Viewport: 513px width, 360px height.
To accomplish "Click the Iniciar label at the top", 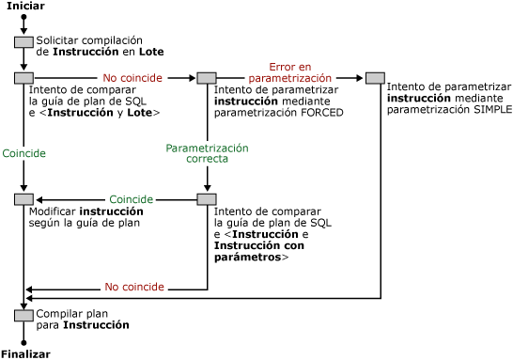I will [x=25, y=7].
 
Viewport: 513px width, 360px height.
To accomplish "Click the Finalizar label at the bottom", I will [x=25, y=353].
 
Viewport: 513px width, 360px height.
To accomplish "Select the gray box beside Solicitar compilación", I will [x=23, y=42].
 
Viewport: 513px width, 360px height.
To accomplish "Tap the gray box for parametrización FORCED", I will [x=207, y=78].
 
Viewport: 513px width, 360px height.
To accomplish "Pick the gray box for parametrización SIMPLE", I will [x=376, y=78].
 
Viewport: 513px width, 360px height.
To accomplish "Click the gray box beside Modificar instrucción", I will [x=23, y=199].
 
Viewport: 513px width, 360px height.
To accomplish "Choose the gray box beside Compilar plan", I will [x=23, y=315].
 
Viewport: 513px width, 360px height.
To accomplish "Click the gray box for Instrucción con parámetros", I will [x=207, y=199].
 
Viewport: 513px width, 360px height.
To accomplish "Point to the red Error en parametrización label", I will [x=288, y=72].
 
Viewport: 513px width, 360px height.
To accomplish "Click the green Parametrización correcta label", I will [x=207, y=153].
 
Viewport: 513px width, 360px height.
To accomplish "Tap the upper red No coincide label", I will [x=132, y=77].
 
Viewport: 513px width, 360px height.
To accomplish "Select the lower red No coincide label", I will [x=134, y=287].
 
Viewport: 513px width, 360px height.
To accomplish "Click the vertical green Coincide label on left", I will [x=23, y=152].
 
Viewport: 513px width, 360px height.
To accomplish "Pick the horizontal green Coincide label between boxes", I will [x=132, y=199].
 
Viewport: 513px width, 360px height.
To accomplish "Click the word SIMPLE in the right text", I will [x=490, y=109].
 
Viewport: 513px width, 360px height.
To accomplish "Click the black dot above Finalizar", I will [x=23, y=342].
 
